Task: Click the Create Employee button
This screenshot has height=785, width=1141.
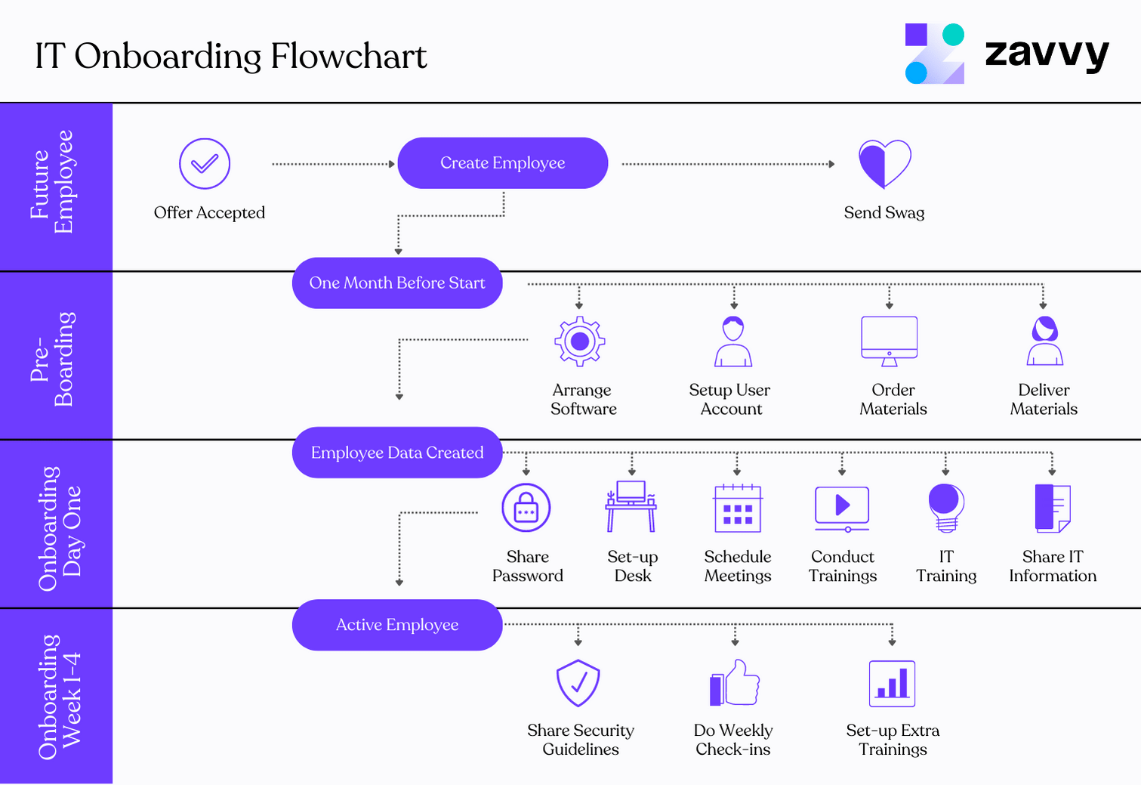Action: (x=502, y=163)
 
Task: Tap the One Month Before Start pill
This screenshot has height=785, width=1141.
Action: (x=397, y=283)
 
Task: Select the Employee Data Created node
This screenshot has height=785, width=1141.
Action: (x=397, y=453)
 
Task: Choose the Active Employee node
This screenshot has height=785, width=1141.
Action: (x=397, y=625)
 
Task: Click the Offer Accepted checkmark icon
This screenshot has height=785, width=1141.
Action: (x=205, y=163)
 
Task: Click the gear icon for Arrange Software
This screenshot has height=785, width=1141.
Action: (x=580, y=342)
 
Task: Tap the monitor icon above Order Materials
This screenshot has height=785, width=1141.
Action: (x=890, y=341)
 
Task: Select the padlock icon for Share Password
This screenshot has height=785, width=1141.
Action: (x=526, y=508)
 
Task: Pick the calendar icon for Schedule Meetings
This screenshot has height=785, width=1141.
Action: (x=738, y=508)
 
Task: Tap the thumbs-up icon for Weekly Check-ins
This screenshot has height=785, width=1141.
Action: (x=735, y=683)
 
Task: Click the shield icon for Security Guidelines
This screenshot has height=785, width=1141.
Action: (x=578, y=683)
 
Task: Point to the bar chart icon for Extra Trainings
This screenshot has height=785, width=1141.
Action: (x=892, y=684)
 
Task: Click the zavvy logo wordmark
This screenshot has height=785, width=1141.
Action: (x=1047, y=54)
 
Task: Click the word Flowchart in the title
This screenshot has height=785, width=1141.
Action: (x=348, y=57)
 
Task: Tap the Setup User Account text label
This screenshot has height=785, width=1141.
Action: (x=730, y=400)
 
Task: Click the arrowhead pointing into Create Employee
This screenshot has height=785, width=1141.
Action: (x=391, y=164)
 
